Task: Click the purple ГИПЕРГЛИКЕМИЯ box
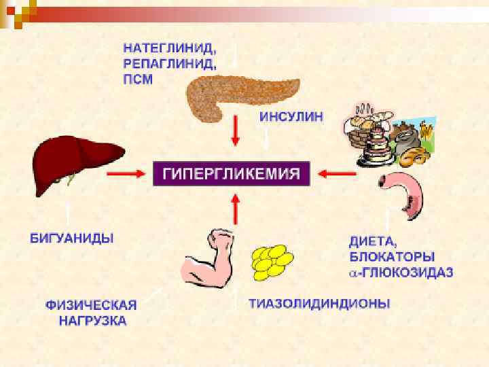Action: (x=232, y=173)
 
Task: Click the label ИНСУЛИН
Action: (x=291, y=116)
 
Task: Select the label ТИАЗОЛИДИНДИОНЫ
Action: (x=319, y=304)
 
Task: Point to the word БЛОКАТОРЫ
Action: (x=391, y=257)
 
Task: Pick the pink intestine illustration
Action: (x=405, y=194)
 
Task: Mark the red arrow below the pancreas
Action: (x=236, y=130)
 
